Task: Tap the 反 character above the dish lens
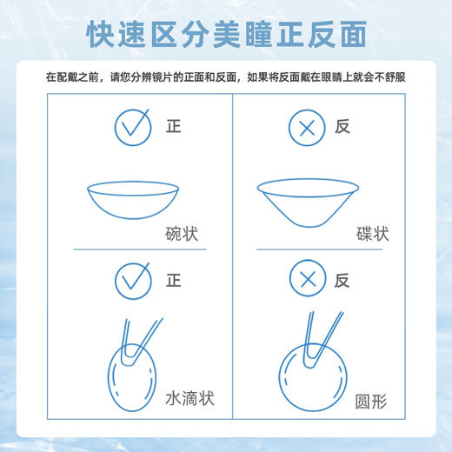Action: coord(342,127)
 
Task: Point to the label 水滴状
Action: coord(189,398)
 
